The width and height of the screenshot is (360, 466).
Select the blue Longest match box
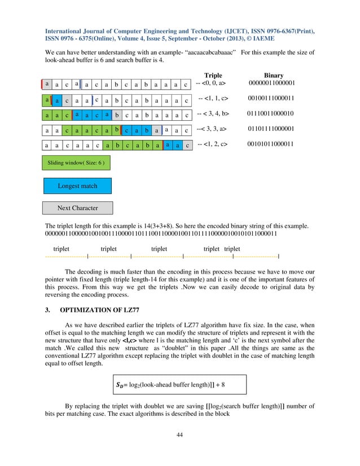77,186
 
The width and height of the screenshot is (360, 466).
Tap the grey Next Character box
77,208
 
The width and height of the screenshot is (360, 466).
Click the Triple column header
213,75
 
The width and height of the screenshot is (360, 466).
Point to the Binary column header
274,75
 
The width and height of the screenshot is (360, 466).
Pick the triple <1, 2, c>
213,144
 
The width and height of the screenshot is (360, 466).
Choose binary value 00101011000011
271,144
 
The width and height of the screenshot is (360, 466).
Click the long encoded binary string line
161,233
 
